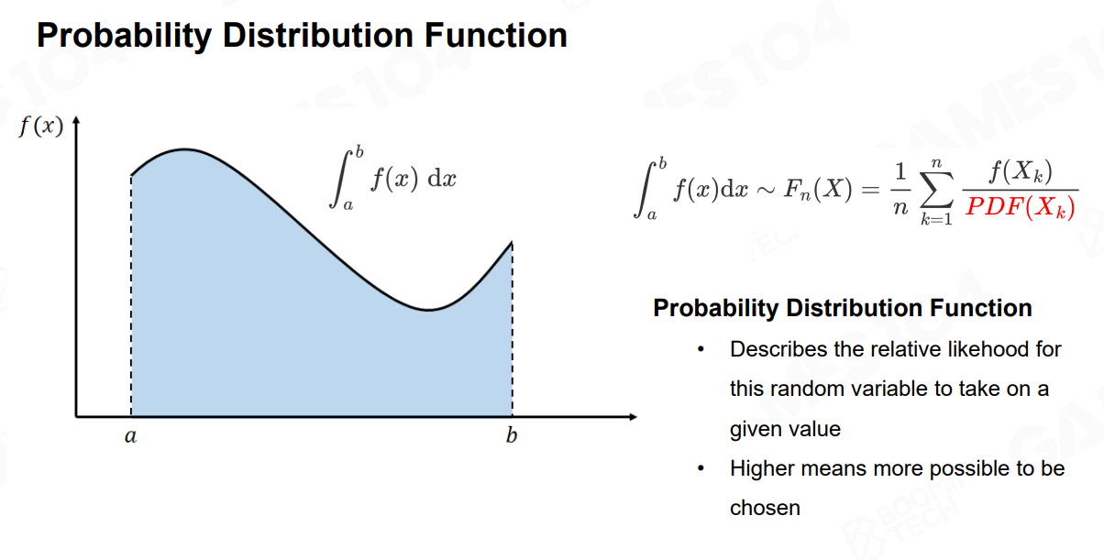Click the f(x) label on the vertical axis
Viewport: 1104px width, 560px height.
tap(41, 126)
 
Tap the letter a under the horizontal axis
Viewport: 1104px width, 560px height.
tap(130, 436)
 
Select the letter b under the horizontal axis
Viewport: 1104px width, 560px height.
tap(512, 435)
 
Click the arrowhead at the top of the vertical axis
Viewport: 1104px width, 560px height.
tap(76, 120)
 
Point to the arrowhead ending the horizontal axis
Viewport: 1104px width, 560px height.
tap(633, 417)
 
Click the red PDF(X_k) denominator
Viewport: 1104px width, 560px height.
tap(1021, 207)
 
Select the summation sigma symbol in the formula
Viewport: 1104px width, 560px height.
tap(936, 190)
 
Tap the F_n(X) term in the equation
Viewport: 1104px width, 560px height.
tap(818, 189)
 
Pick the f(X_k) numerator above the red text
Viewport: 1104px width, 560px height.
tap(1021, 172)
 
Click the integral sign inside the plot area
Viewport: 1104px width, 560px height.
tap(341, 179)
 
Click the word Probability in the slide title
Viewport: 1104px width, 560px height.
tap(124, 37)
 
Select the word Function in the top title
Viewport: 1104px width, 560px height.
tap(496, 36)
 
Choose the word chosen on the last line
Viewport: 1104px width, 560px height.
tap(765, 508)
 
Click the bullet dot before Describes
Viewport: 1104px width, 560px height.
tap(701, 349)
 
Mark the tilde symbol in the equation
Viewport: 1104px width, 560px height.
tap(766, 190)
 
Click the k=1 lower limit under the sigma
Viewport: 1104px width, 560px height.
tap(936, 219)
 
